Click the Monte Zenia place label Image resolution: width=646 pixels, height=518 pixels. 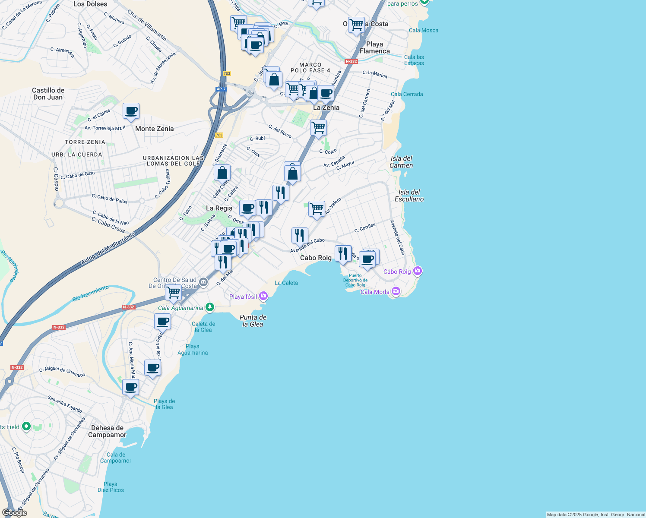(154, 129)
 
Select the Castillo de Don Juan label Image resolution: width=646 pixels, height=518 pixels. (48, 94)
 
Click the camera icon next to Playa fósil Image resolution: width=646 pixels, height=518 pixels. (263, 296)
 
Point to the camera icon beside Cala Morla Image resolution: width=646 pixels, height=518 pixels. (396, 291)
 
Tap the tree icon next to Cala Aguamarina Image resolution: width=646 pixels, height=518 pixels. (210, 307)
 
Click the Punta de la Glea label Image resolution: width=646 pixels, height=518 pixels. (253, 321)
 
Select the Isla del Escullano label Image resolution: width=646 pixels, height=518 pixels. (409, 196)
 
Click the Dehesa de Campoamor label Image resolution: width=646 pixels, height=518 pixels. (107, 431)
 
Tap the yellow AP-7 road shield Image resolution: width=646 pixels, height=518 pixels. (221, 89)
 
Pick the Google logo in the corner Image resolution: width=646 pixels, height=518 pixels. (14, 512)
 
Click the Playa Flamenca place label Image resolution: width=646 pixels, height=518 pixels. (374, 47)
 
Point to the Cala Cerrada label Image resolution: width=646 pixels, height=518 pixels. (407, 94)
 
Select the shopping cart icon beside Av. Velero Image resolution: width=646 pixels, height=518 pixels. (317, 209)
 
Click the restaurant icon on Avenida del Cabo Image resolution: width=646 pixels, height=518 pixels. (300, 236)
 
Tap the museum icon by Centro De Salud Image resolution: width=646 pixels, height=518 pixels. (204, 283)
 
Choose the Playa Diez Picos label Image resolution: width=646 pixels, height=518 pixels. (111, 487)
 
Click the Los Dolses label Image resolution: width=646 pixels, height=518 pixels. (90, 4)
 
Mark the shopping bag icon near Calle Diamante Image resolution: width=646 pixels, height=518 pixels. (222, 173)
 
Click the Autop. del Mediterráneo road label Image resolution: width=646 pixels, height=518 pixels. (108, 249)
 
